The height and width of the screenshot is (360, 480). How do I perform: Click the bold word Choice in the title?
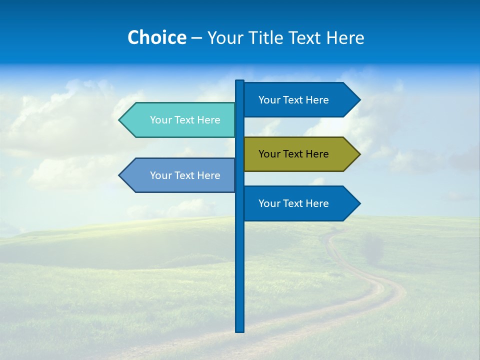(156, 37)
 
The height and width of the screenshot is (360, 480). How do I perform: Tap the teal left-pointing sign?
(180, 120)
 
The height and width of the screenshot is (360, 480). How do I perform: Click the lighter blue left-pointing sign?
(180, 175)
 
